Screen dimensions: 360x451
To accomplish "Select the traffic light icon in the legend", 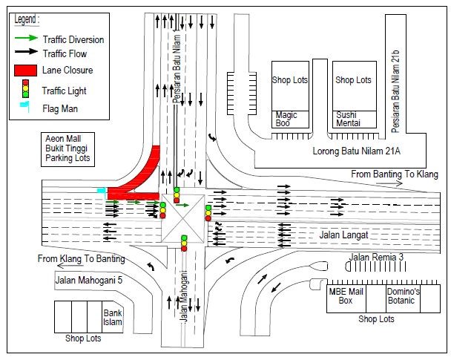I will coord(25,90).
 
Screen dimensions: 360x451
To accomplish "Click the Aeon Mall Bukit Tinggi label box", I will coord(68,148).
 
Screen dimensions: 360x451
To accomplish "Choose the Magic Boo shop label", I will coord(286,119).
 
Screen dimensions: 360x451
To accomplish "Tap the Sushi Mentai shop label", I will coord(348,119).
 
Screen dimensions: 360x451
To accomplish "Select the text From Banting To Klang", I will coord(395,174).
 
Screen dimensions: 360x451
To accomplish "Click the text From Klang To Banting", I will coord(82,259).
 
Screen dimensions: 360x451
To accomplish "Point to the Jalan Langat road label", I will coord(343,235).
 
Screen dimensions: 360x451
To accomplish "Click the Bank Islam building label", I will coord(112,318).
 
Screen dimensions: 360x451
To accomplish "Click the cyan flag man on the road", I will coord(101,191).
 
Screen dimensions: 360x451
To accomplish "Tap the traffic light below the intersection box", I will coord(184,243).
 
